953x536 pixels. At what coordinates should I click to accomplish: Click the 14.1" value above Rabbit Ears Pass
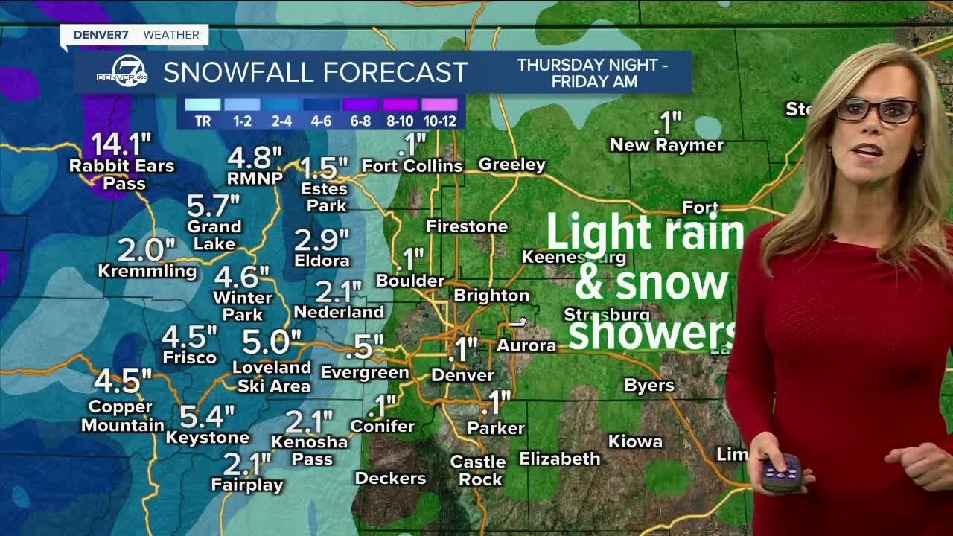(x=121, y=144)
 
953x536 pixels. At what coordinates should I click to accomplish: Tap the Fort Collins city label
(x=412, y=165)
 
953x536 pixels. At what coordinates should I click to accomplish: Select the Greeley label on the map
(x=512, y=164)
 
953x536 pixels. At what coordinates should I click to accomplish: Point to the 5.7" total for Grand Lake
(x=214, y=205)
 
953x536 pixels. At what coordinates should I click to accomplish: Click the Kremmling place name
(x=147, y=271)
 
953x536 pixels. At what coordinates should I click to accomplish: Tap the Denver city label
(x=462, y=375)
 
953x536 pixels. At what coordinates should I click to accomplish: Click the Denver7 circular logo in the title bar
(x=122, y=71)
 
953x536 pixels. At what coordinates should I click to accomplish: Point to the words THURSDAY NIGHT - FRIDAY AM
(x=593, y=73)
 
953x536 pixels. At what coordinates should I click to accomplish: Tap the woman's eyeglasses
(x=876, y=110)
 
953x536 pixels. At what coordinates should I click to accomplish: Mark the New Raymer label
(x=666, y=145)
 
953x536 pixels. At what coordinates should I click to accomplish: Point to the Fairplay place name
(x=247, y=485)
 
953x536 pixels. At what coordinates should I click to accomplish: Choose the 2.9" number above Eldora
(x=322, y=240)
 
